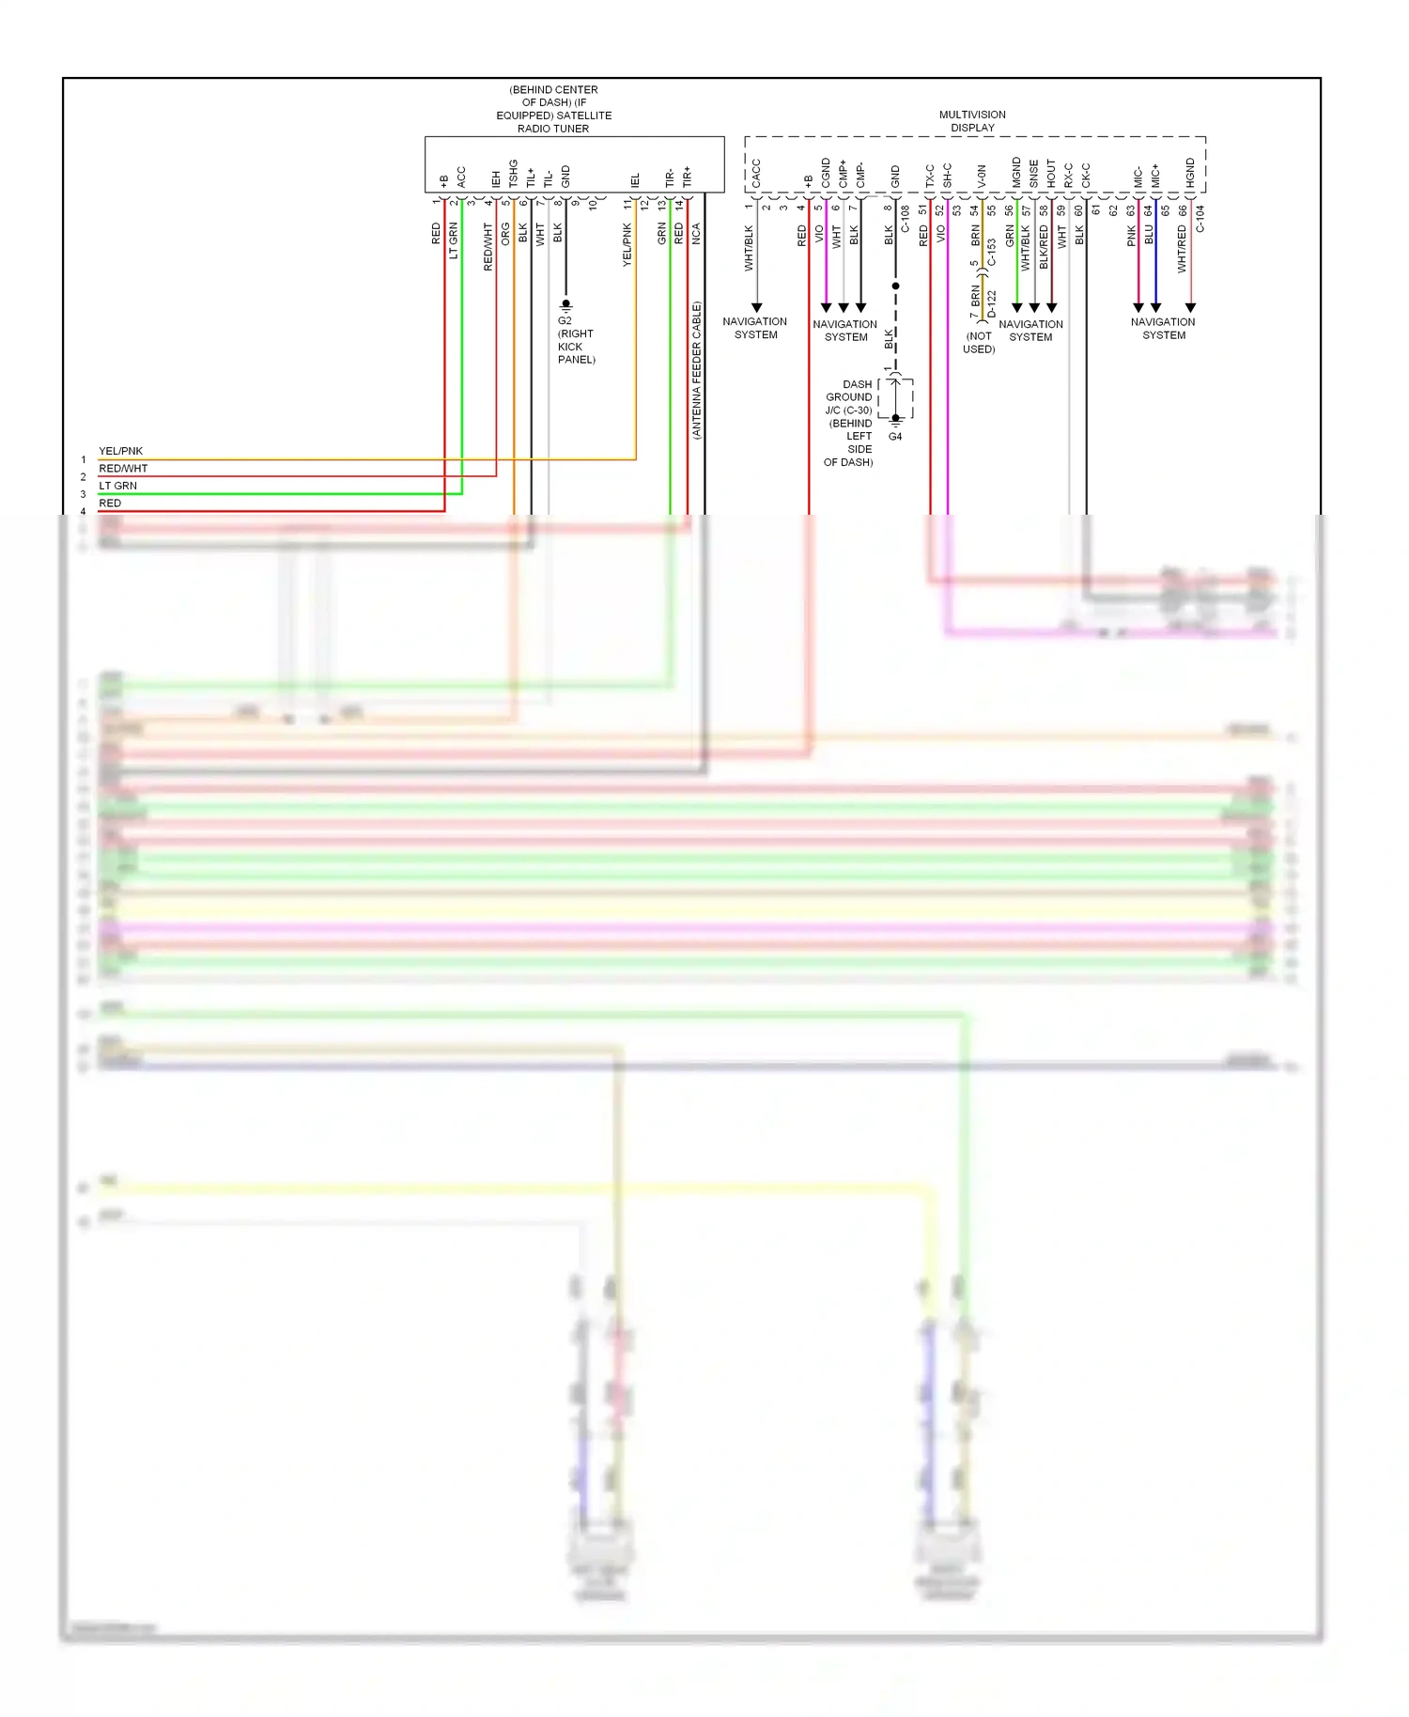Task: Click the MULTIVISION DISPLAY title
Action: [972, 121]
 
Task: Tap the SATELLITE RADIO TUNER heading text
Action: [553, 109]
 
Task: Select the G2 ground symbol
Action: [565, 305]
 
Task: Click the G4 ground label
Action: [895, 437]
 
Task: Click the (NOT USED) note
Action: [979, 342]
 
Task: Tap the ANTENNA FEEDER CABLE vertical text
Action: [697, 370]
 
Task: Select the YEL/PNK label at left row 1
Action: [120, 451]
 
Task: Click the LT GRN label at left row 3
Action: [117, 486]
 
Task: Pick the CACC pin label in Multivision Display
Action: [756, 173]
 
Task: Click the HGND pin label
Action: [1190, 173]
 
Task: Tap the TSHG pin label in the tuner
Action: [513, 174]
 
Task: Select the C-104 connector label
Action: [1200, 220]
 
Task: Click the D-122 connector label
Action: [992, 303]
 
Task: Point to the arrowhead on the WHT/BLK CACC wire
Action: [756, 307]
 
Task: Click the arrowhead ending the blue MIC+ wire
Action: [1155, 307]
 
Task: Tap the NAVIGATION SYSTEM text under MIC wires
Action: [1163, 328]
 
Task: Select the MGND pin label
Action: [1016, 173]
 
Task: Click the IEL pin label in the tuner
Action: [636, 178]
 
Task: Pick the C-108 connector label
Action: [906, 220]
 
